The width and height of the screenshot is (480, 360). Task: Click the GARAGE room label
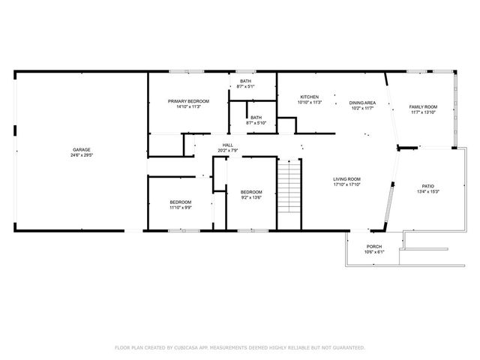pyautogui.click(x=82, y=150)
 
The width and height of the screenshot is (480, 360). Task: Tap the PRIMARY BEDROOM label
pyautogui.click(x=188, y=101)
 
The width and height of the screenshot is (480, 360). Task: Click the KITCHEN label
pyautogui.click(x=310, y=97)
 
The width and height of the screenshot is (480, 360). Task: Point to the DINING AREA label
pyautogui.click(x=362, y=103)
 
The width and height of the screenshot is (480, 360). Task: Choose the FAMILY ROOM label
pyautogui.click(x=423, y=107)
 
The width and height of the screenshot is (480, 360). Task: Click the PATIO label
pyautogui.click(x=427, y=185)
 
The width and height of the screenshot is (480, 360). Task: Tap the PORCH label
pyautogui.click(x=373, y=247)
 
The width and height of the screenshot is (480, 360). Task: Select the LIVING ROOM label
pyautogui.click(x=347, y=179)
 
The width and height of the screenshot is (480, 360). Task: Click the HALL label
pyautogui.click(x=226, y=145)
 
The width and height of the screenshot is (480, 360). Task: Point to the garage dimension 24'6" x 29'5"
pyautogui.click(x=82, y=155)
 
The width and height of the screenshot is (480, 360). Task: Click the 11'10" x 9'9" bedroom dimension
pyautogui.click(x=180, y=207)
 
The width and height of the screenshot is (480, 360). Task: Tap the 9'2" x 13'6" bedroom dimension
pyautogui.click(x=251, y=197)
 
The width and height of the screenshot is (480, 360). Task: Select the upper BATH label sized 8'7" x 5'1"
pyautogui.click(x=246, y=87)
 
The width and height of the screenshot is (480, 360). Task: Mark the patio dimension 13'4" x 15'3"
pyautogui.click(x=427, y=191)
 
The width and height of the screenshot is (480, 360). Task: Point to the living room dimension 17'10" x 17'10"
pyautogui.click(x=347, y=184)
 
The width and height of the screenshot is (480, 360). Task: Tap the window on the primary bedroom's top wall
pyautogui.click(x=187, y=72)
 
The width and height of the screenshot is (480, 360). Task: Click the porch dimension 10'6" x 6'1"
pyautogui.click(x=373, y=252)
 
